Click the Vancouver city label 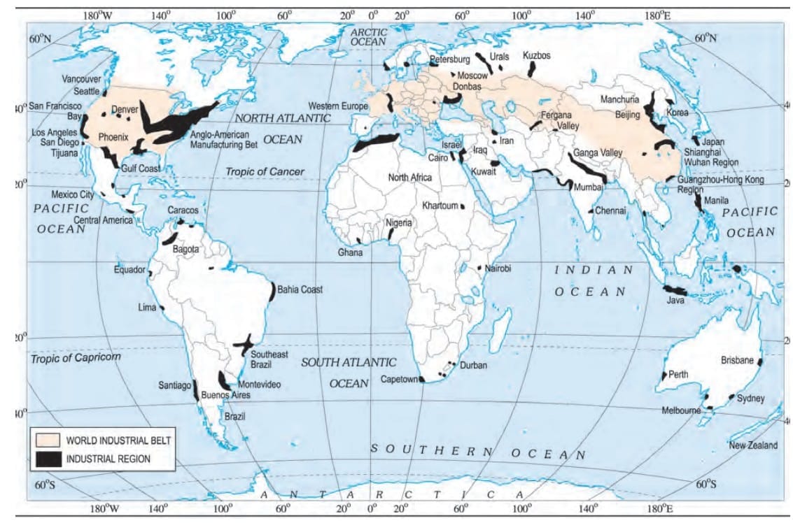point(81,79)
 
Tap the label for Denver point(125,110)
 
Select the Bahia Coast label point(300,289)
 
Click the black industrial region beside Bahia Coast point(272,291)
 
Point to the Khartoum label point(440,206)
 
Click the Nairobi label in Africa point(498,268)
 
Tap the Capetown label point(398,379)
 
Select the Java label point(675,301)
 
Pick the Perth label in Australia point(678,374)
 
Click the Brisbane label point(737,361)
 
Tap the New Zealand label point(752,445)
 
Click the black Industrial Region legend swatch point(48,459)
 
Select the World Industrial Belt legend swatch point(48,441)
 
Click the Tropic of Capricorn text point(75,358)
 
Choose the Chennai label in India point(611,210)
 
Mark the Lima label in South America point(147,307)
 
